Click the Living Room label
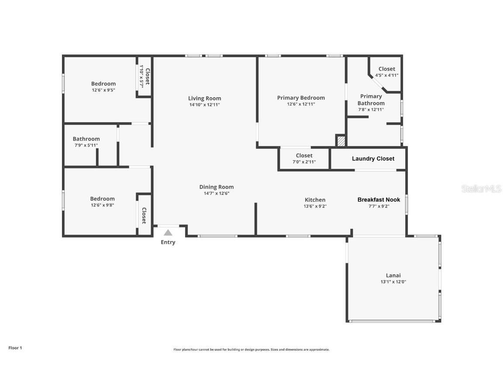tap(204, 99)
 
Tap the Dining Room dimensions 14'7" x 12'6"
tap(217, 193)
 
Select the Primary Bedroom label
tap(301, 98)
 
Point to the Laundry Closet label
tap(373, 159)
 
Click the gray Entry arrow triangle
tap(168, 233)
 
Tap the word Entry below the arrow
tap(168, 242)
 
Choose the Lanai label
tap(393, 275)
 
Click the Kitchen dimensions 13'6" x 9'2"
tap(315, 206)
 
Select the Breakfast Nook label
tap(379, 200)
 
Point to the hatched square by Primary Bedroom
tap(341, 141)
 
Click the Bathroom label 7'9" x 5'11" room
tap(86, 139)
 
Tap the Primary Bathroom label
tap(371, 99)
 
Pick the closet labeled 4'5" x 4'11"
tap(387, 69)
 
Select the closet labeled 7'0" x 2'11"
tap(304, 156)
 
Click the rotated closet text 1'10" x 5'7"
tap(141, 76)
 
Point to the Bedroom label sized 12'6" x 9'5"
tap(103, 84)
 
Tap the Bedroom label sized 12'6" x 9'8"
tap(102, 199)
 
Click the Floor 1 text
tap(15, 348)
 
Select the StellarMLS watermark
tap(481, 189)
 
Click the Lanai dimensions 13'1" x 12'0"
tap(393, 282)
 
